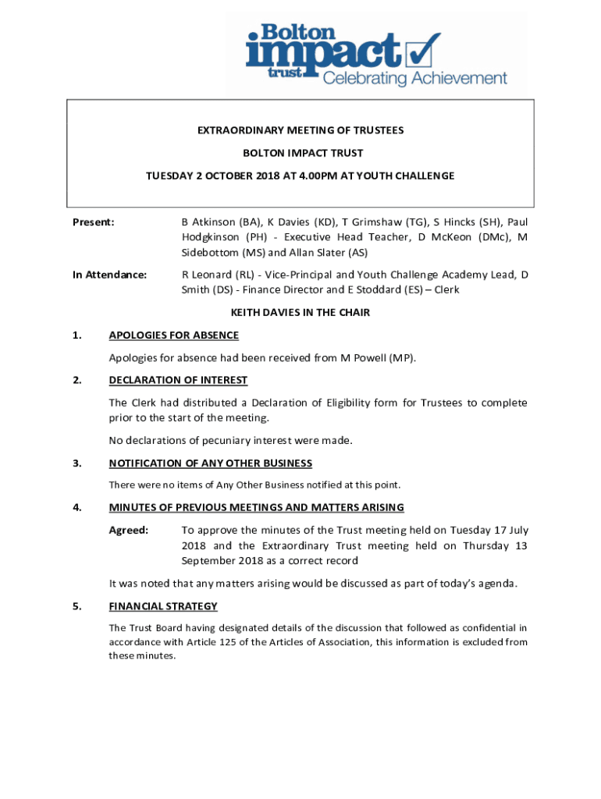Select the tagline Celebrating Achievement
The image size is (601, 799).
point(414,79)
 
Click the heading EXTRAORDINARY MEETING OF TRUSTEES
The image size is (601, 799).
point(300,130)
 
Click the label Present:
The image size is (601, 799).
point(93,222)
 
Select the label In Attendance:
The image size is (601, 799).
point(109,275)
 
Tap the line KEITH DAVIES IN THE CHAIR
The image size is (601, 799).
point(300,313)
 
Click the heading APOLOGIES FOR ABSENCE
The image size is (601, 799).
point(173,336)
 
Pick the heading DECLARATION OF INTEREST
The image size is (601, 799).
point(178,380)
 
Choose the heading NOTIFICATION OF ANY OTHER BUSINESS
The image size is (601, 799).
point(210,463)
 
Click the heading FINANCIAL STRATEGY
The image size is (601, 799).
point(163,606)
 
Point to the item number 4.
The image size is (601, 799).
point(77,507)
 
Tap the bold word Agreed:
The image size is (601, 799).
point(129,531)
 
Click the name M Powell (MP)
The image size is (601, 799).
point(377,358)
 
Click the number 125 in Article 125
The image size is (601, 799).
point(237,642)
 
